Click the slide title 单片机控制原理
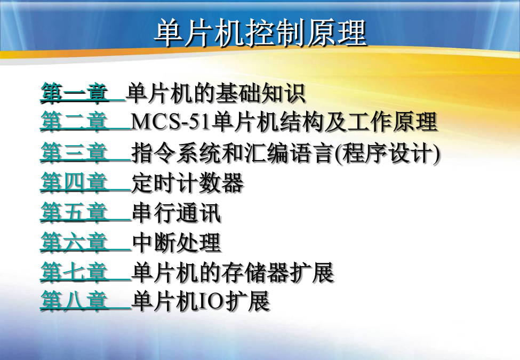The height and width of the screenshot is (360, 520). pyautogui.click(x=260, y=33)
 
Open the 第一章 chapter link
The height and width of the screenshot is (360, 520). pyautogui.click(x=74, y=92)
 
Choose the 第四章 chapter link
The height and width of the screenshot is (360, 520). pyautogui.click(x=74, y=182)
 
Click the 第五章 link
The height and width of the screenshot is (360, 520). pyautogui.click(x=74, y=212)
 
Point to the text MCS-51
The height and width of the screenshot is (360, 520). pyautogui.click(x=171, y=122)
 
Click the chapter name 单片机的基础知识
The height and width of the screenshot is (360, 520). pyautogui.click(x=216, y=93)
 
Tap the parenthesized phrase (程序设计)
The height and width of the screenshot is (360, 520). pyautogui.click(x=387, y=153)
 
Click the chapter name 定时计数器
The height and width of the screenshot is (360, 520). pyautogui.click(x=188, y=182)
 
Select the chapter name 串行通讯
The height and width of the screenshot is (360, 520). pyautogui.click(x=176, y=212)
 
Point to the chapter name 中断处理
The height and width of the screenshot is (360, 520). pyautogui.click(x=177, y=242)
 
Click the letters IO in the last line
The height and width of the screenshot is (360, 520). pyautogui.click(x=211, y=301)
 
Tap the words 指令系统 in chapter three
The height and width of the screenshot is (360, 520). pyautogui.click(x=176, y=153)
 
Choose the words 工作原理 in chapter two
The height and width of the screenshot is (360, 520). pyautogui.click(x=393, y=122)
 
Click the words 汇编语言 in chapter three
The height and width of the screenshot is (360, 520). pyautogui.click(x=289, y=153)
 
